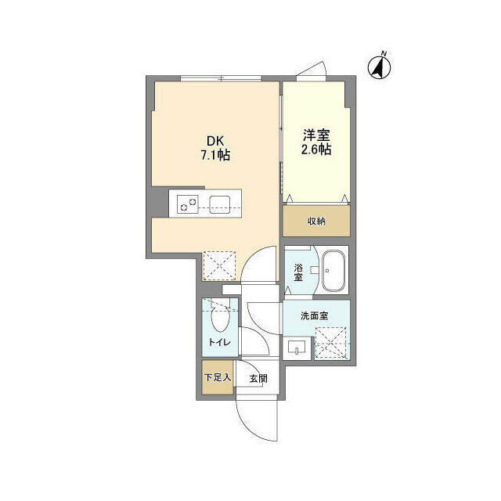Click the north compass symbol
tap(379, 67)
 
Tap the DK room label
tap(216, 141)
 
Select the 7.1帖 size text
tap(215, 155)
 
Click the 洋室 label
tap(316, 135)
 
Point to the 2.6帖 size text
tap(316, 150)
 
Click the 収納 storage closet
tap(316, 221)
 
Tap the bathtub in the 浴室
tap(333, 271)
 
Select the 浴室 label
tap(298, 272)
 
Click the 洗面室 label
tap(314, 315)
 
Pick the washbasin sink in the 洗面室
tap(297, 348)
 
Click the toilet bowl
tap(221, 318)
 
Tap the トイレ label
tap(219, 343)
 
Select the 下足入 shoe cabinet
tap(218, 377)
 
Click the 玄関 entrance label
tap(258, 379)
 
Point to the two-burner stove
tap(188, 204)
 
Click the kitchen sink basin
tap(219, 204)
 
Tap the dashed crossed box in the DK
tap(219, 266)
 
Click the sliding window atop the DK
tap(221, 78)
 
